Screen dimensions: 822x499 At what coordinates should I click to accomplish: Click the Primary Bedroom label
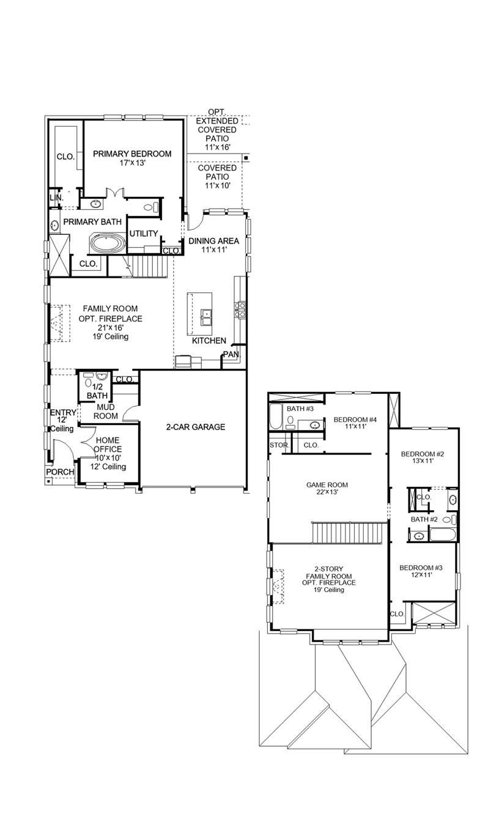point(132,154)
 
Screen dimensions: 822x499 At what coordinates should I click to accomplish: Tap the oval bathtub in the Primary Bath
point(108,243)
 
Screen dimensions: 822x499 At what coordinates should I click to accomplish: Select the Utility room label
point(144,234)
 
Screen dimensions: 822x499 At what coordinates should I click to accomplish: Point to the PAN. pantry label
point(231,354)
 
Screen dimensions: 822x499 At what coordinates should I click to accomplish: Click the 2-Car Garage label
point(196,427)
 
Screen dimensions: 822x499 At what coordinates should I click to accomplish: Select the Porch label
point(60,472)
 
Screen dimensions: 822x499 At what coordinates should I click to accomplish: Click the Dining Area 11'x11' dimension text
point(213,251)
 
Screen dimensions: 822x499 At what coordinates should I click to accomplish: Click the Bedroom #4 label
point(354,420)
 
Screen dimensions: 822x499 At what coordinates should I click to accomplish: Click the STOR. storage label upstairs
point(279,445)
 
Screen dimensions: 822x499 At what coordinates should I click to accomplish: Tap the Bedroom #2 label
point(421,454)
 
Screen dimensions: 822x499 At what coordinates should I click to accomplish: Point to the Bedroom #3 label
point(420,568)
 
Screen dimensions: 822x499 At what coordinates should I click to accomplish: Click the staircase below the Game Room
point(349,532)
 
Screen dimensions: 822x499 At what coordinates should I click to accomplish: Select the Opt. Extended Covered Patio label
point(216,130)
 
